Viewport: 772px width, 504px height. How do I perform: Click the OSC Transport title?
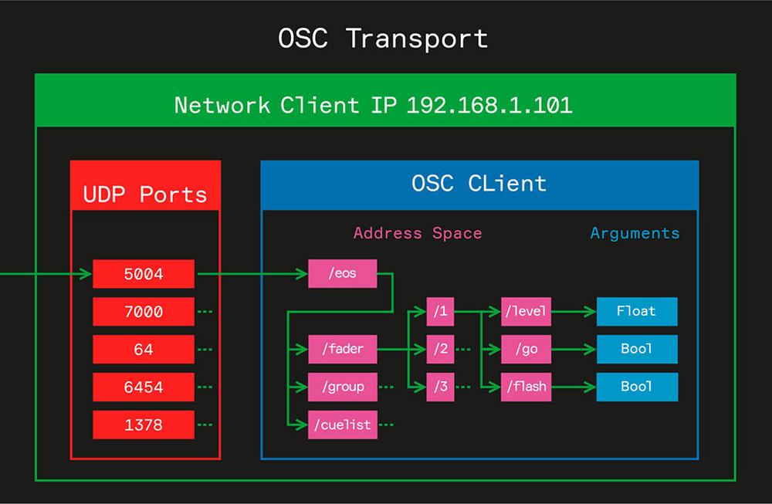[x=383, y=38]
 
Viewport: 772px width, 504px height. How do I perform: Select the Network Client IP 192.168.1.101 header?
[x=373, y=105]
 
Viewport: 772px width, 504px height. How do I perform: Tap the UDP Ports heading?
[x=145, y=194]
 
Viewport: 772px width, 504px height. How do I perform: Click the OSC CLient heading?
[x=479, y=184]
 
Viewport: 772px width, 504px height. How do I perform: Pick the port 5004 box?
[x=144, y=273]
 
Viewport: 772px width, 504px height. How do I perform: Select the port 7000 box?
[x=144, y=311]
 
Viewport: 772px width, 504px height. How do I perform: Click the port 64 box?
[x=144, y=349]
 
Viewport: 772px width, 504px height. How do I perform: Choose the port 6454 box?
[x=144, y=387]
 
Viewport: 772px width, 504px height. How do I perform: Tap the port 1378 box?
[x=144, y=425]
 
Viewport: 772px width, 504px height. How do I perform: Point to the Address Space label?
[x=417, y=233]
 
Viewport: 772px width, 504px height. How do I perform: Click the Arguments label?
[x=635, y=233]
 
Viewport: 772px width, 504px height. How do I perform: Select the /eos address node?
[x=343, y=273]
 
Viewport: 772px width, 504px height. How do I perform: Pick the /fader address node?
[x=343, y=349]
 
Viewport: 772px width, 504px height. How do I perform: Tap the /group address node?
[x=343, y=387]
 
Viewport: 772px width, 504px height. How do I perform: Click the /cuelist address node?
[x=343, y=425]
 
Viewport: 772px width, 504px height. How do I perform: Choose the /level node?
[x=526, y=312]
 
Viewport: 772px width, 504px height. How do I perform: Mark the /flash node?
[x=526, y=387]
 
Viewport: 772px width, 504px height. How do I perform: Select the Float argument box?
[x=636, y=311]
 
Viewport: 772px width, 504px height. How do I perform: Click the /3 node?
[x=440, y=387]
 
